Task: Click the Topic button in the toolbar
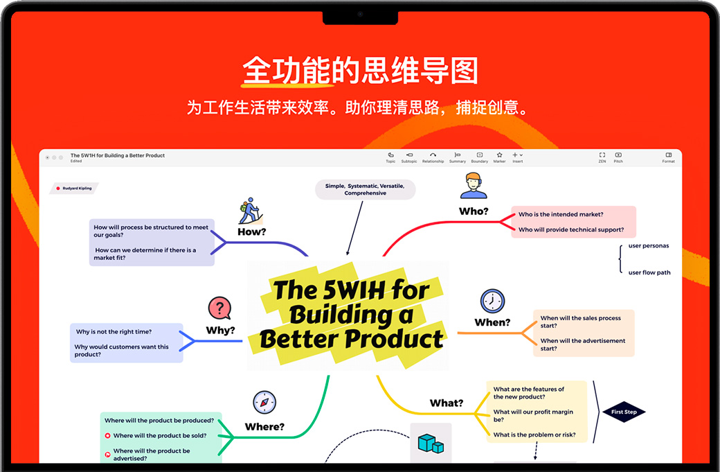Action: (x=390, y=157)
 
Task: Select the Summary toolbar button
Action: (x=457, y=157)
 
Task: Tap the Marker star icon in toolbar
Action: (x=499, y=157)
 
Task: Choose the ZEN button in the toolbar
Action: (x=602, y=157)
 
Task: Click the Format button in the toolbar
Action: (x=668, y=157)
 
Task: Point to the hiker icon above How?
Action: (x=249, y=209)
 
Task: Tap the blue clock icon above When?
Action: (x=492, y=301)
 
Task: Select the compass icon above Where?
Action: (x=264, y=403)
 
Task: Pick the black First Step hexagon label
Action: (x=624, y=412)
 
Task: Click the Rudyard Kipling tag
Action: (x=75, y=188)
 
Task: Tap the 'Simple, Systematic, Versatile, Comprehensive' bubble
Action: (x=365, y=190)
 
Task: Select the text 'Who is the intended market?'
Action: (x=561, y=215)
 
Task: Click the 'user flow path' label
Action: (x=649, y=272)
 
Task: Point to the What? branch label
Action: (x=447, y=403)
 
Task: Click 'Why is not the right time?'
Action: (x=114, y=332)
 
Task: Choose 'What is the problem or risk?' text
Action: (x=534, y=435)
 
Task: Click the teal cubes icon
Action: (x=431, y=444)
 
